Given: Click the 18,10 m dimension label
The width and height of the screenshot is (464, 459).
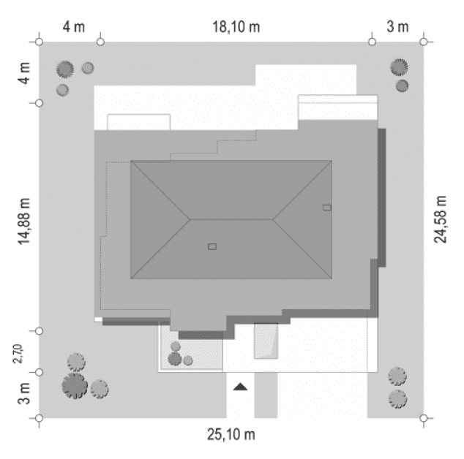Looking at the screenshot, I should (236, 28).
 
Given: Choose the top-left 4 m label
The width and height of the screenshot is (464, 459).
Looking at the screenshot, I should (73, 28).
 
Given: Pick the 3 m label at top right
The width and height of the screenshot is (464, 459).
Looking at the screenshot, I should (397, 28).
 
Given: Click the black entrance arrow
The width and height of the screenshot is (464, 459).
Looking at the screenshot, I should (240, 387).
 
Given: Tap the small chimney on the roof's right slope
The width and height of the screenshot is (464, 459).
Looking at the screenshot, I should (326, 207).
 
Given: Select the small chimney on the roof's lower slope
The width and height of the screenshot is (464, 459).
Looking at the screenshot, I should (212, 246).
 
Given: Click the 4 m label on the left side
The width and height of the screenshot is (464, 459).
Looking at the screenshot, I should (25, 72).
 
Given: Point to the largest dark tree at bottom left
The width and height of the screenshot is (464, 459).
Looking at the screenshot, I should (74, 384).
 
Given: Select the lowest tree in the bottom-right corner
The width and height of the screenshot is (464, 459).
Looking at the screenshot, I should (397, 398).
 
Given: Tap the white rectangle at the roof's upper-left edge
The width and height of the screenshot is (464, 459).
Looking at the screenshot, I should (139, 122).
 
